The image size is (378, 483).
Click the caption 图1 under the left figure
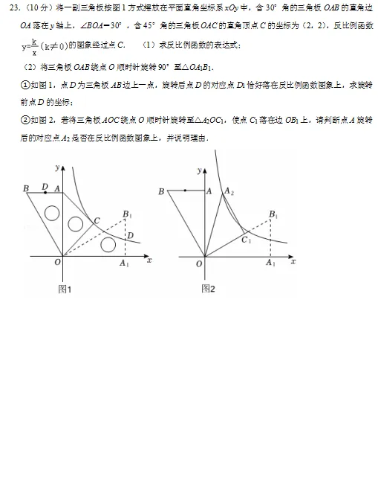pos(65,289)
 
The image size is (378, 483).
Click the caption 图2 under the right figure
pos(209,289)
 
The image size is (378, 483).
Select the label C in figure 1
pos(97,220)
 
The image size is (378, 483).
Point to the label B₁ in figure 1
pos(128,215)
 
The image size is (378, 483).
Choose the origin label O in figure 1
pos(56,263)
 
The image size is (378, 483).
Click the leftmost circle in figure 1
pos(51,213)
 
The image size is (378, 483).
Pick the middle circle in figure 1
pos(74,223)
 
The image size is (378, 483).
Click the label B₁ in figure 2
pos(274,214)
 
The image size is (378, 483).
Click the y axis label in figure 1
pos(56,161)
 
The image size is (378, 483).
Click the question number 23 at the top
pos(13,9)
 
